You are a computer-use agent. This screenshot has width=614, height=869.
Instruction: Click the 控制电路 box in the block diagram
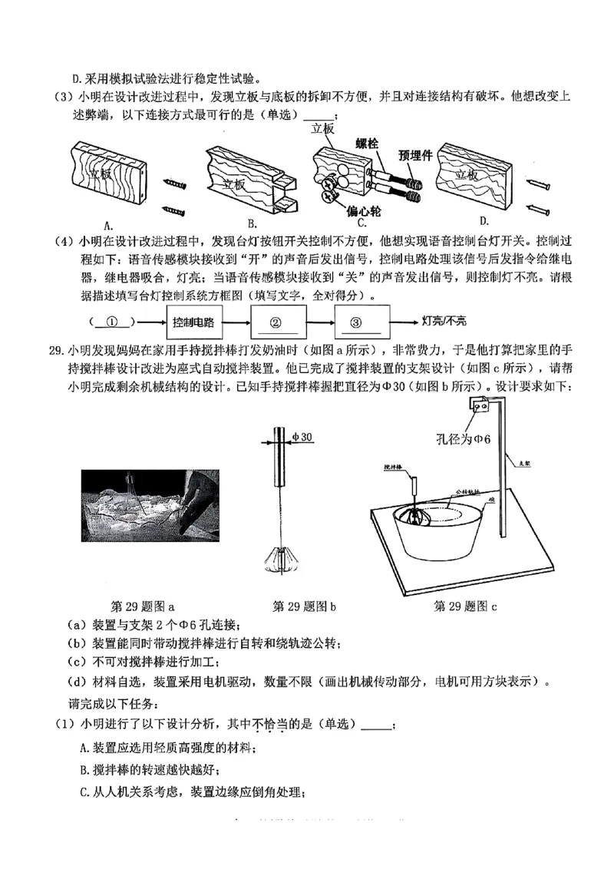(193, 321)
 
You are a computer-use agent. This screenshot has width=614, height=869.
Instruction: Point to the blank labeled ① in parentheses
(113, 321)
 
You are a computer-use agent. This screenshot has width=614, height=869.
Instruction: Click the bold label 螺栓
(370, 144)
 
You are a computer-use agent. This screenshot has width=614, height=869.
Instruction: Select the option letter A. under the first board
(108, 224)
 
